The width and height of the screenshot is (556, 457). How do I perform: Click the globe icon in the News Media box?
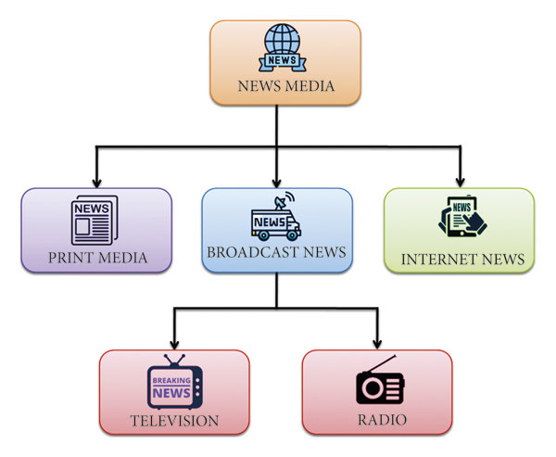click(x=283, y=47)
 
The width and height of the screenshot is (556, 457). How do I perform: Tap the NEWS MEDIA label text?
click(x=285, y=86)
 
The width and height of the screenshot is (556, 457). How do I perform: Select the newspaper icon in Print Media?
click(x=95, y=220)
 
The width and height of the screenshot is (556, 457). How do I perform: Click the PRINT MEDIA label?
click(x=97, y=258)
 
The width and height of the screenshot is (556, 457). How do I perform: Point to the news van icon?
click(x=276, y=216)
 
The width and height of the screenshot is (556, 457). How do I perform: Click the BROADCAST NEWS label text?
click(x=276, y=252)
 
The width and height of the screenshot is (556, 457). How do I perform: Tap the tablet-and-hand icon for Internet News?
click(x=462, y=216)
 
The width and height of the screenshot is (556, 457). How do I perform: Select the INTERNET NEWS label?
click(x=462, y=260)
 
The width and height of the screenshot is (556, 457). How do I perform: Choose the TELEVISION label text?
click(x=174, y=421)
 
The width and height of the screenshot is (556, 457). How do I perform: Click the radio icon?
click(x=380, y=379)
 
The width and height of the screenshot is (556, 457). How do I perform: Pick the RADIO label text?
click(x=382, y=420)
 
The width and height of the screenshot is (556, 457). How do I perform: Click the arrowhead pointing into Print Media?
click(x=96, y=183)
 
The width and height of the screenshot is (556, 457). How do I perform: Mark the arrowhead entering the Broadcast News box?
click(x=276, y=183)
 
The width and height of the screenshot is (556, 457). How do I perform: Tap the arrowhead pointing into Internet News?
click(x=461, y=183)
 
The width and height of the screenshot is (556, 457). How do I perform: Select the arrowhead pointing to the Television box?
click(x=174, y=345)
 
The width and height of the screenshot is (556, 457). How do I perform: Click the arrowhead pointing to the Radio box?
click(x=377, y=344)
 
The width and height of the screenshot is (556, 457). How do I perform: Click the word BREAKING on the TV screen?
click(x=171, y=380)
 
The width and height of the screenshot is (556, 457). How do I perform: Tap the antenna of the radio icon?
click(x=382, y=363)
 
